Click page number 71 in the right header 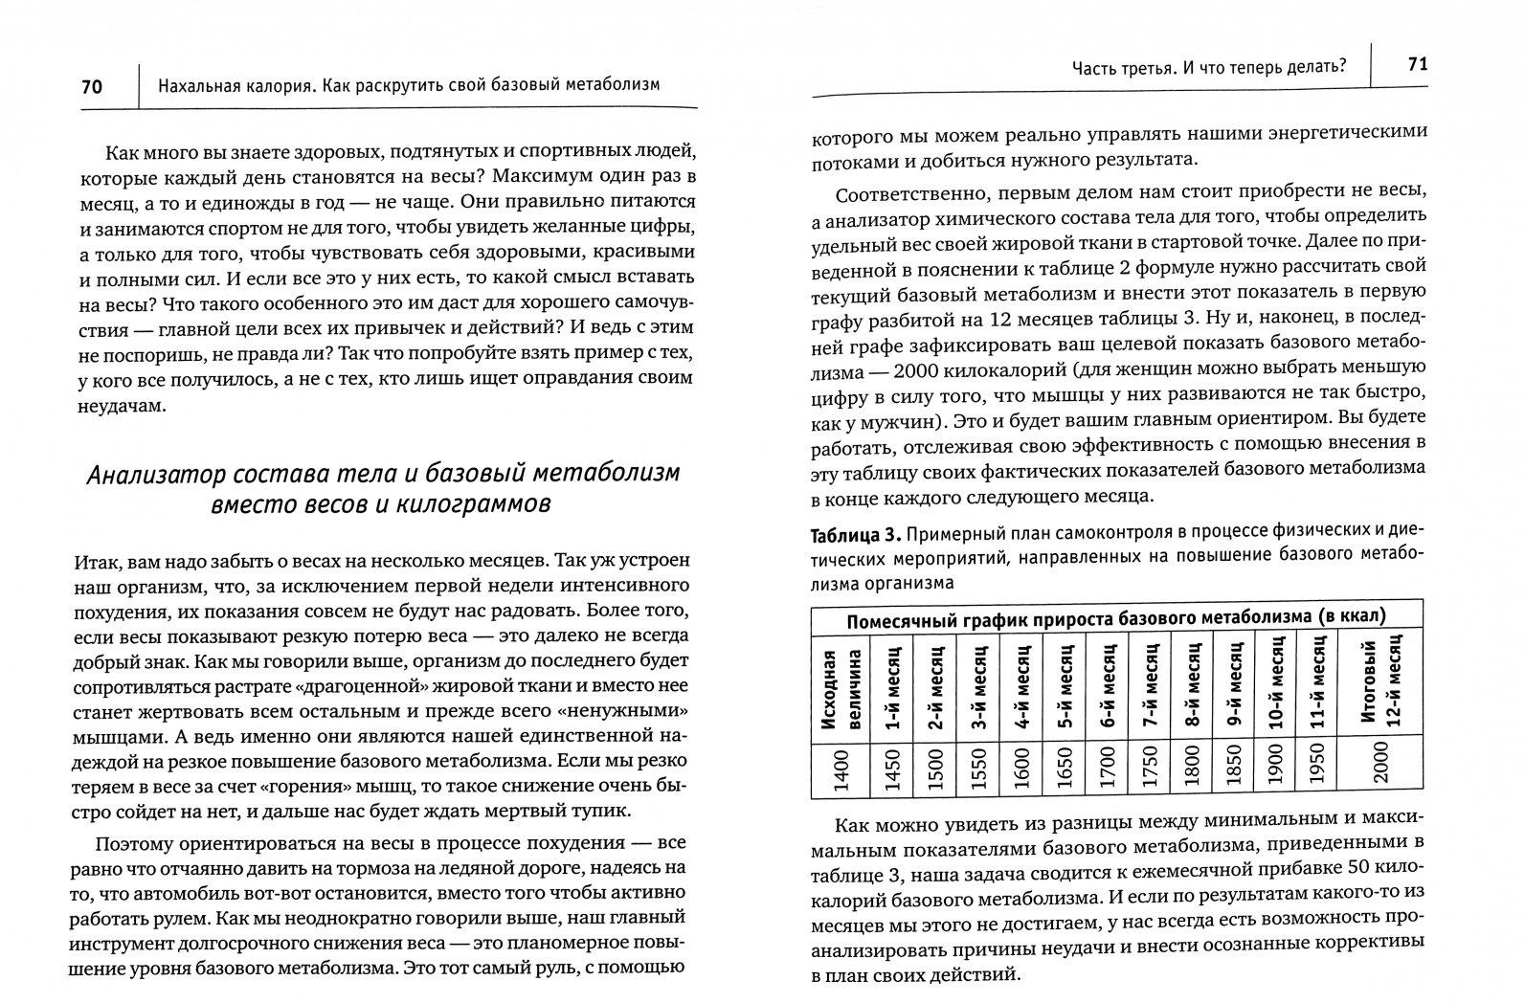[1418, 64]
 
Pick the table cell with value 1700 [1107, 763]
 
